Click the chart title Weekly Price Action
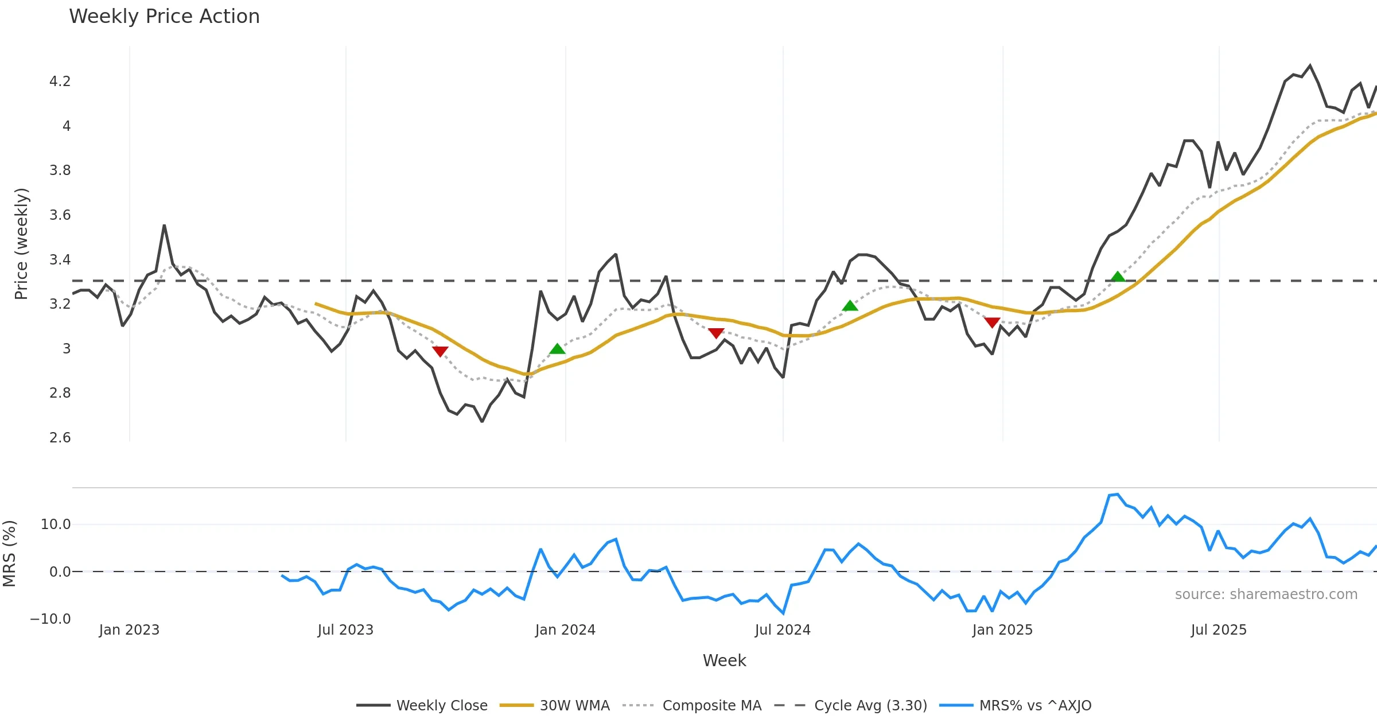click(x=164, y=17)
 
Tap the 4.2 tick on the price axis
click(x=60, y=81)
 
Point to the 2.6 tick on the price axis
click(x=60, y=438)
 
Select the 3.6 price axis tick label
click(x=60, y=215)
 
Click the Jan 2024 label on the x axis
click(x=565, y=630)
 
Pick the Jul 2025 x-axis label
click(x=1219, y=630)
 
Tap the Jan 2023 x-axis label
click(x=129, y=630)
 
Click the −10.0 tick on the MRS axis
click(x=50, y=619)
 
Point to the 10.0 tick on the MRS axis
click(x=56, y=524)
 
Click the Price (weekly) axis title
click(x=21, y=244)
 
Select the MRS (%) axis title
click(x=10, y=554)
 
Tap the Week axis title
click(x=724, y=661)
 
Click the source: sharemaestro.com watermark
click(x=1266, y=594)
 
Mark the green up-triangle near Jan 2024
click(x=557, y=349)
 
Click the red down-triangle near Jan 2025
click(x=992, y=322)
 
